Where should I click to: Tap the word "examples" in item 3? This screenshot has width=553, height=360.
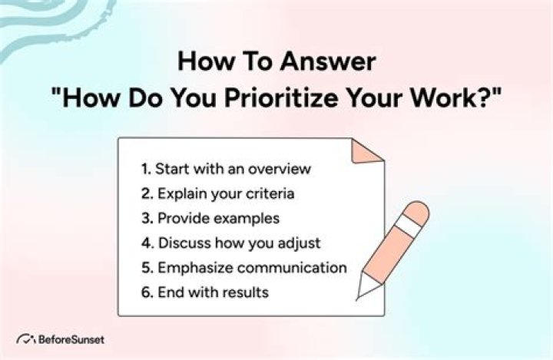[x=242, y=218]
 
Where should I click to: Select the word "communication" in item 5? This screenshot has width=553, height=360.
[x=293, y=268]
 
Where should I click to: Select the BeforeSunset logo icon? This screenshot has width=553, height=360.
[x=26, y=338]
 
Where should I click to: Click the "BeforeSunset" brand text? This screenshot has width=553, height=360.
[x=70, y=338]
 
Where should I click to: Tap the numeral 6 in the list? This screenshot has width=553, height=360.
[x=146, y=292]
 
